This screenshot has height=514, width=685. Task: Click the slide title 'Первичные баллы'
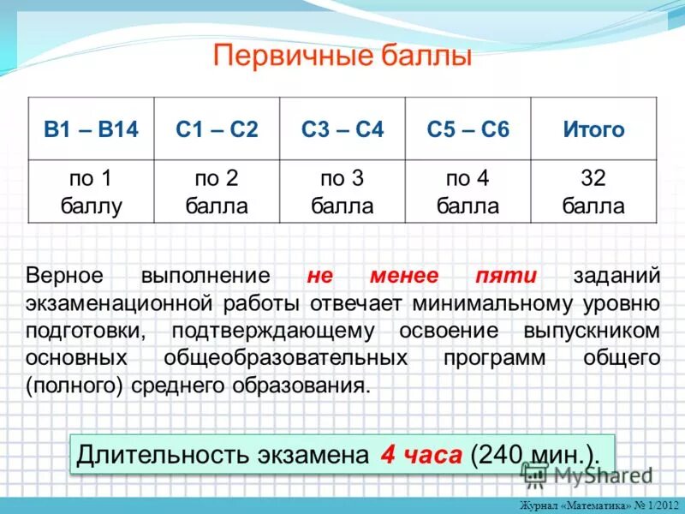(342, 57)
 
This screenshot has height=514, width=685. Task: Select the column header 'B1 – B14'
(91, 129)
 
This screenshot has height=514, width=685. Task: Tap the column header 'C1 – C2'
(217, 129)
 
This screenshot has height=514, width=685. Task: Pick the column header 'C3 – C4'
(342, 129)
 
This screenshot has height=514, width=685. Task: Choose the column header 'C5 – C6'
(468, 129)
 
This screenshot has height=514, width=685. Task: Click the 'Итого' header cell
(593, 129)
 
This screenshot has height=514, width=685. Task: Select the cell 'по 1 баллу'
(91, 192)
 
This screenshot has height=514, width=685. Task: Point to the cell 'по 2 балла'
(217, 192)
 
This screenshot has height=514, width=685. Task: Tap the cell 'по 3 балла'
(342, 192)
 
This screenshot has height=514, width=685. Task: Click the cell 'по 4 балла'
(468, 192)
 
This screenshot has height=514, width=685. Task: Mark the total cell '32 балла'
(593, 192)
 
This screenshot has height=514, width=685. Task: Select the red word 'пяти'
(506, 276)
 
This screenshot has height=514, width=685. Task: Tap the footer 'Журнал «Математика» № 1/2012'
(599, 505)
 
